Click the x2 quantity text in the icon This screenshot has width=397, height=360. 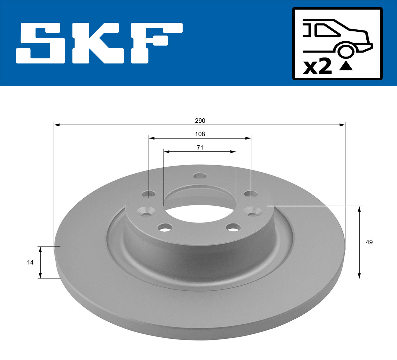coord(317,67)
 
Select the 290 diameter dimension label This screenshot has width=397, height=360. coord(200,121)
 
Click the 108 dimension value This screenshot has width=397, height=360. coord(200,134)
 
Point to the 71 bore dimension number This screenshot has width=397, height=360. coord(200,147)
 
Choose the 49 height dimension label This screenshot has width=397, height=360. coord(369,242)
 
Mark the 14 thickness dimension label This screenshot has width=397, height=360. coord(30,262)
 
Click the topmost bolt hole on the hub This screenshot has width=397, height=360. coord(200,176)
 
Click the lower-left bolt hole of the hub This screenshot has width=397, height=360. coord(165,227)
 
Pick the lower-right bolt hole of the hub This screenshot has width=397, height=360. coord(234,227)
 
